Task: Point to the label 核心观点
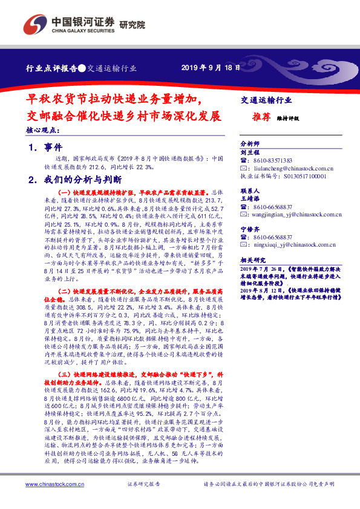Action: click(42, 130)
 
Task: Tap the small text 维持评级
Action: click(289, 119)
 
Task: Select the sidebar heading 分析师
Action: click(250, 144)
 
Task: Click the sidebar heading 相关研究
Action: click(252, 259)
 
